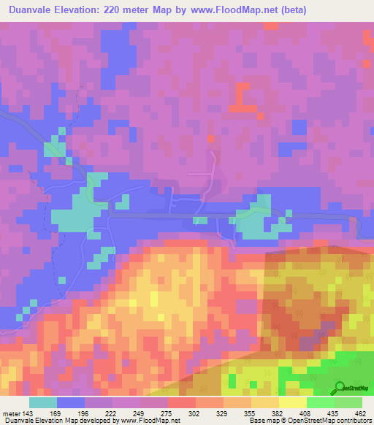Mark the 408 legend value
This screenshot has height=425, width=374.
click(306, 414)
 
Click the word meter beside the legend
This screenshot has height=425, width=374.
click(12, 414)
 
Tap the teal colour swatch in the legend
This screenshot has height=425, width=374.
click(43, 402)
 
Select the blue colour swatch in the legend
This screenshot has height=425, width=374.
click(71, 402)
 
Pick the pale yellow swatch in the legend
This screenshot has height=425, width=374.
click(292, 402)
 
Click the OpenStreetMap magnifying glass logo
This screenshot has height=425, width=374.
click(340, 388)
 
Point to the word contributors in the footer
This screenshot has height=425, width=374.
click(348, 421)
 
